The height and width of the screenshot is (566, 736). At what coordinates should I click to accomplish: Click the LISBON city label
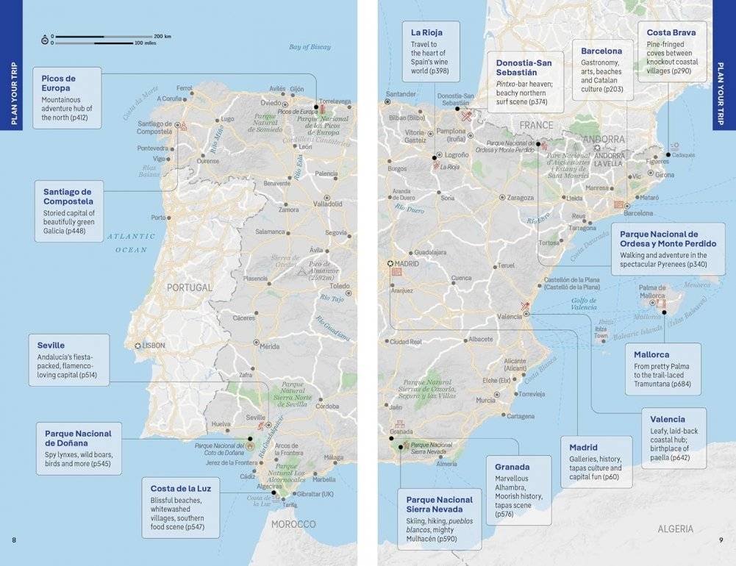point(154,345)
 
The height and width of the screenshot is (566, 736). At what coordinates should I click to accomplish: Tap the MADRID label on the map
point(407,264)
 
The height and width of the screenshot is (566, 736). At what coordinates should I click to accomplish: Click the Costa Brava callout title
point(671,33)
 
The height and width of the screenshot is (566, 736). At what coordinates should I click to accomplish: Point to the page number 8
point(14,541)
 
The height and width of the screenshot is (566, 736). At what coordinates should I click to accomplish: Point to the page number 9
point(721,541)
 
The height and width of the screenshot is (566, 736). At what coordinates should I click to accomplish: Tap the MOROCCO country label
point(293,524)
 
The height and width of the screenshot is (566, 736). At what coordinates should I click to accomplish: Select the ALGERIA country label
point(676,529)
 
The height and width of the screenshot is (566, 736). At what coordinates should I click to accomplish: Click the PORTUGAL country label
point(189,287)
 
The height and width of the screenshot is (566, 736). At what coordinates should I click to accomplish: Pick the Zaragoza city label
point(520,198)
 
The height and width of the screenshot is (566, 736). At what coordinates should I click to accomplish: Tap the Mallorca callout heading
point(651,354)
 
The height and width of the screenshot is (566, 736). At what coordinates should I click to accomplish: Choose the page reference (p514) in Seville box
point(93,375)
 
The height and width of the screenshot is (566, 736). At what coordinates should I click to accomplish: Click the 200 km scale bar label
point(162,36)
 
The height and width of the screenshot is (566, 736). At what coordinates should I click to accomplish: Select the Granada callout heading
point(512,467)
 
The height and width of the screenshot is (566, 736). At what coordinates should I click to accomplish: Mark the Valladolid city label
point(328,204)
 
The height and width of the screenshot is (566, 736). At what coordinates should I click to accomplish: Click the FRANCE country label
point(536,126)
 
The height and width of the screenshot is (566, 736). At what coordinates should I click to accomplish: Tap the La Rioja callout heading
point(426,32)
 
